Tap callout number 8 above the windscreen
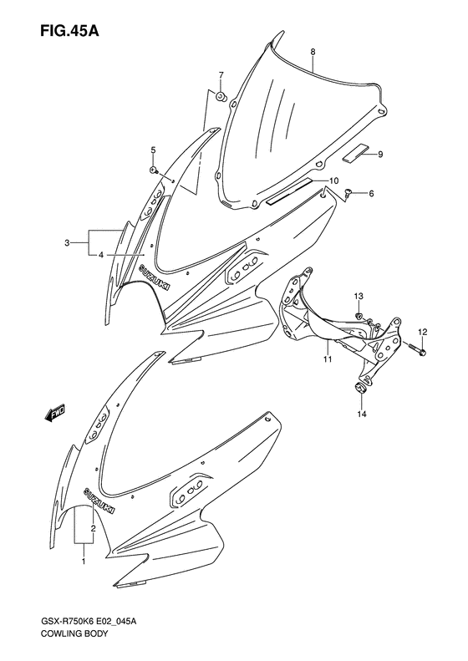[313, 52]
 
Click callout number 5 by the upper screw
[153, 150]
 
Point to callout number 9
[379, 154]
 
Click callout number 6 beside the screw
[371, 194]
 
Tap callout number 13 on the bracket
[359, 297]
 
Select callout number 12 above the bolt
[423, 333]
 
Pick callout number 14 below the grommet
[363, 414]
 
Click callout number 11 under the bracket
[328, 359]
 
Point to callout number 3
[66, 243]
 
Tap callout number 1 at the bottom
[83, 562]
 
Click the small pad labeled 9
[352, 152]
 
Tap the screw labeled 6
[347, 193]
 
